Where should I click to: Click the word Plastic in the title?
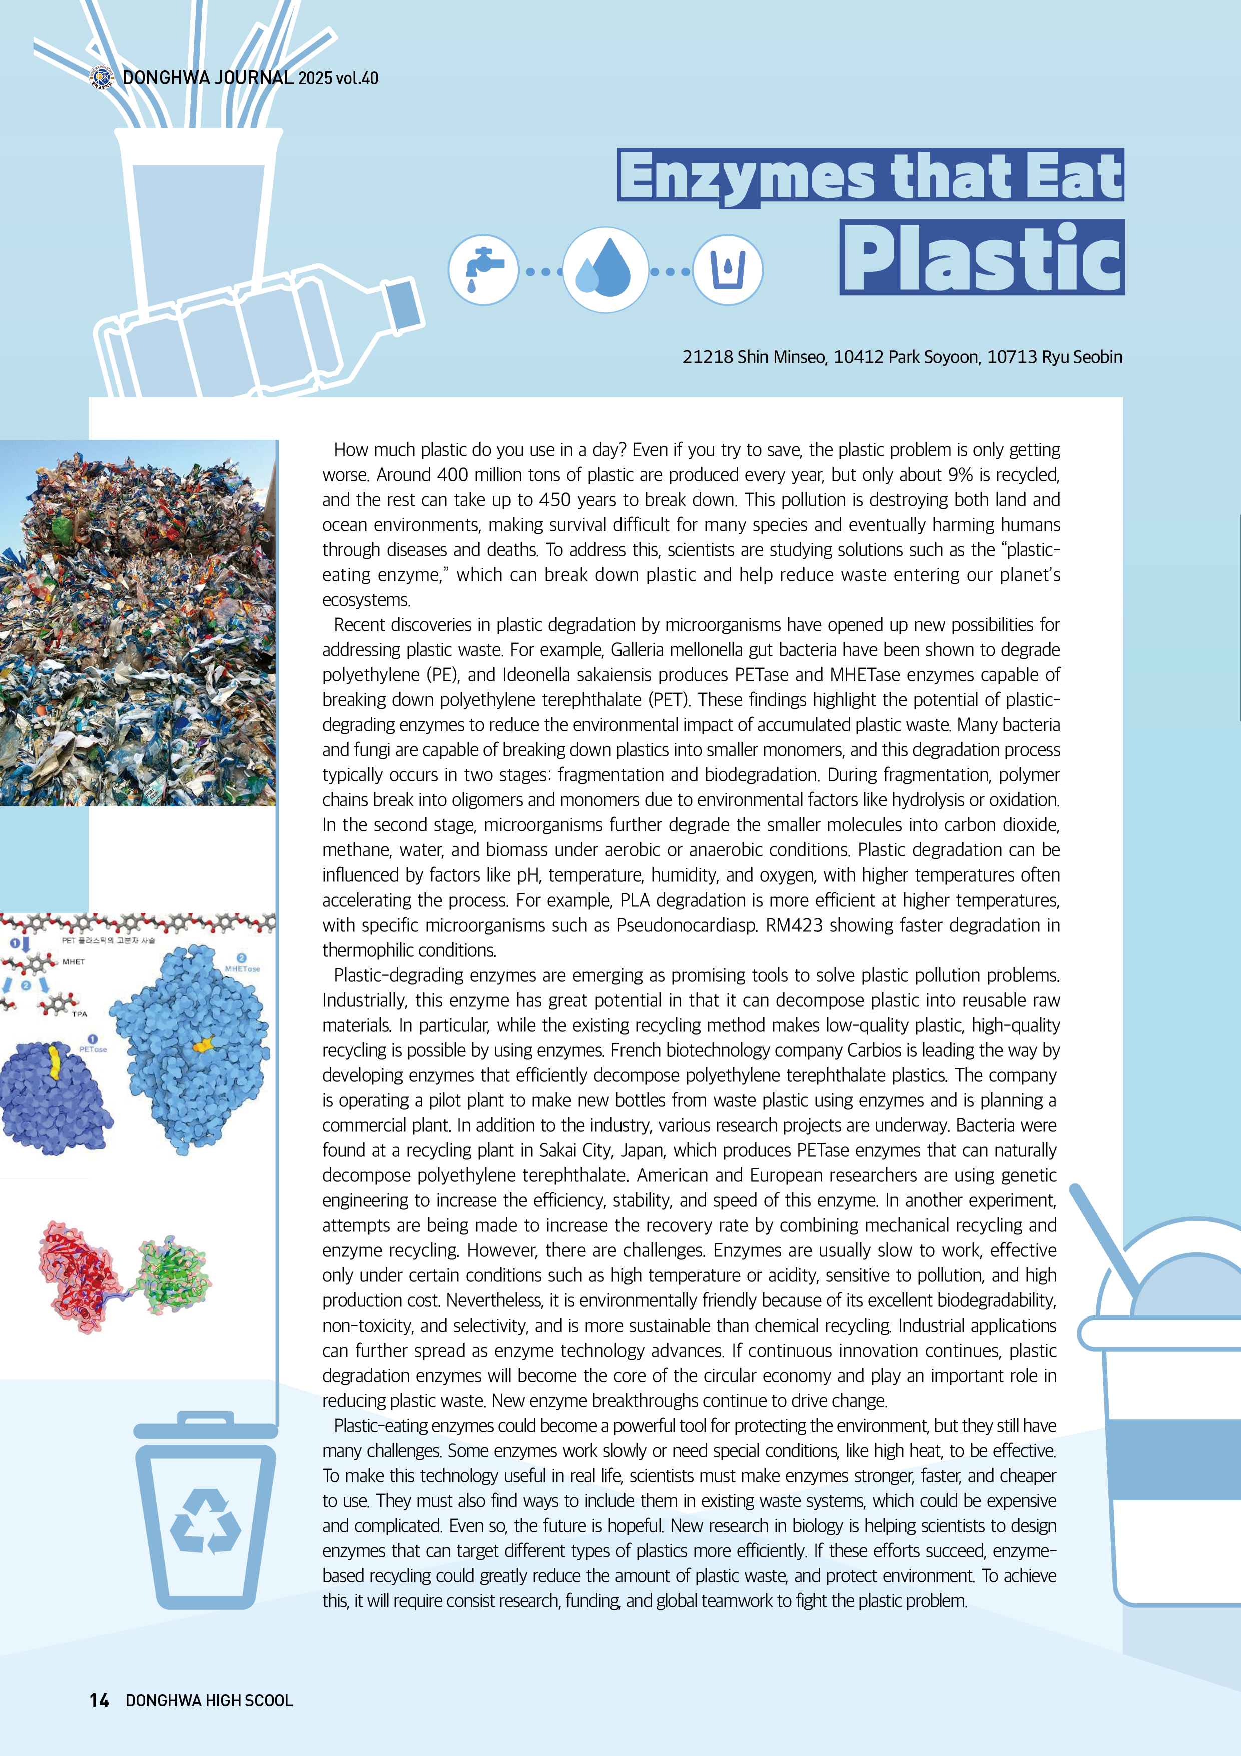coord(982,258)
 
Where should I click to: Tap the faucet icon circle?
coord(483,270)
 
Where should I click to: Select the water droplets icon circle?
coord(605,270)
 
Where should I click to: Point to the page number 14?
coord(99,1700)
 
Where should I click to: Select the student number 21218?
coord(707,357)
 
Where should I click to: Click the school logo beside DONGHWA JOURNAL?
coord(101,77)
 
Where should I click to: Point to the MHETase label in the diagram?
coord(242,968)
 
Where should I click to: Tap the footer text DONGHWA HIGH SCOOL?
coord(209,1700)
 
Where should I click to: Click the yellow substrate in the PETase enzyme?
coord(54,1062)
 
